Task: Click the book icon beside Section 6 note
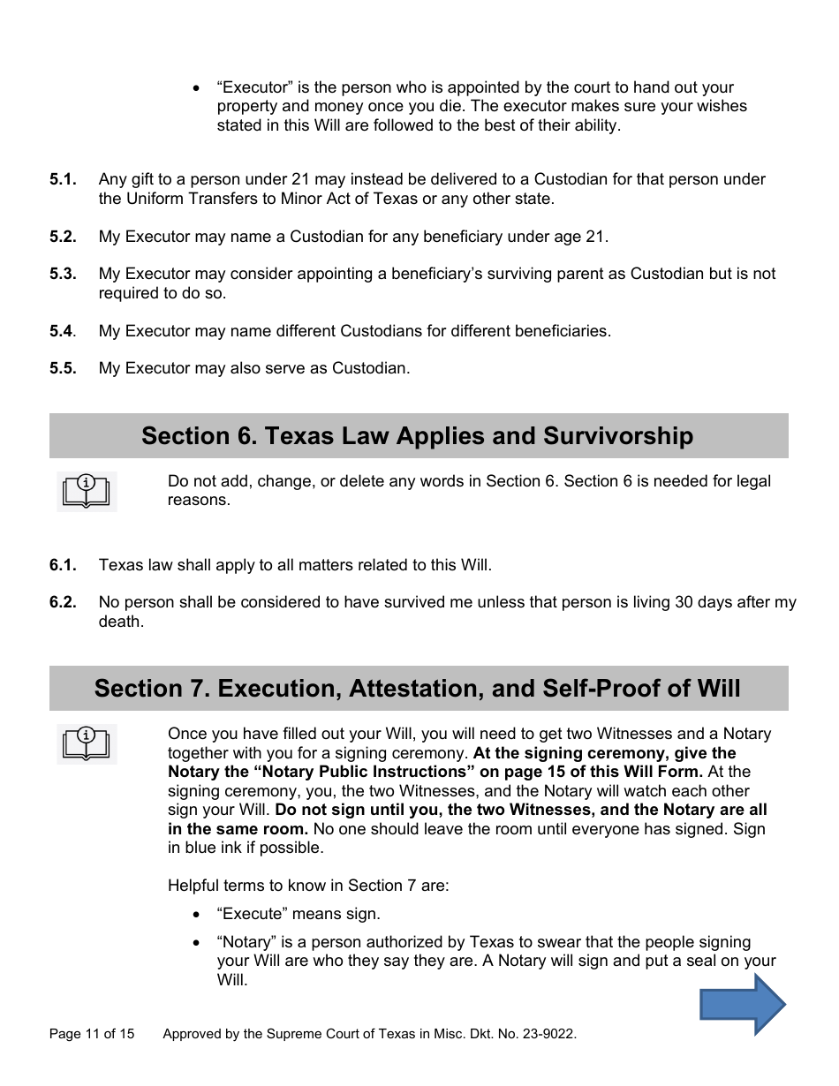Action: [87, 491]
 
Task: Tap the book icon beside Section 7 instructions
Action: [87, 743]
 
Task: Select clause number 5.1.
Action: [63, 179]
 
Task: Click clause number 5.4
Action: [62, 331]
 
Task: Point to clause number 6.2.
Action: [63, 603]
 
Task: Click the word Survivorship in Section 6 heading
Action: [617, 436]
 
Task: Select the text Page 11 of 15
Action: [92, 1034]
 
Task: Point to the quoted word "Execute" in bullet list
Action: [252, 914]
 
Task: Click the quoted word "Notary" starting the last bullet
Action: [246, 942]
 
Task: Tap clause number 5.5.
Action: [63, 368]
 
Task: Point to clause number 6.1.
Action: [63, 565]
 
